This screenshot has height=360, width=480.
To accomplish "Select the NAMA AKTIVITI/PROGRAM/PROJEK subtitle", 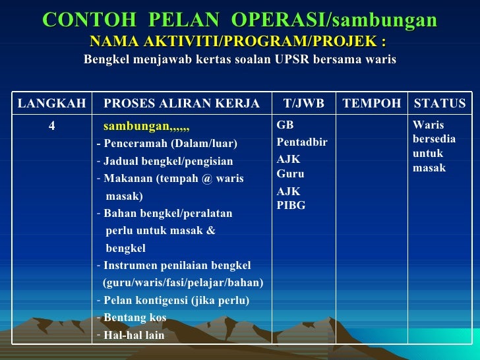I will coord(238,42).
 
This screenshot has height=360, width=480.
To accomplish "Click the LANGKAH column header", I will coord(51,104).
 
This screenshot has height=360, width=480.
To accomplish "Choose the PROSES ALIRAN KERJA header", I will coord(181,104).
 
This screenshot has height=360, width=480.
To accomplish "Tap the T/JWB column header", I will coord(303,104).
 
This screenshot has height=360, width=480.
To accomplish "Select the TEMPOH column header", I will coord(372,104).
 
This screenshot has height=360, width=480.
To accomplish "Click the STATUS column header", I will coord(439,104).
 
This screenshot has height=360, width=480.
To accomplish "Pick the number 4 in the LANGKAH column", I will coord(51,126).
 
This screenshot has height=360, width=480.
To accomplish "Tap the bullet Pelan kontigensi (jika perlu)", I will coord(176,301).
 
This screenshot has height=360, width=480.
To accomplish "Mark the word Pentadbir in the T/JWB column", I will coord(302,142).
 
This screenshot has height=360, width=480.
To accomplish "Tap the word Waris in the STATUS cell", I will coord(428,125).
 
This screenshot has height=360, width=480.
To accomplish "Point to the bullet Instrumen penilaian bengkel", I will coord(177,266).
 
